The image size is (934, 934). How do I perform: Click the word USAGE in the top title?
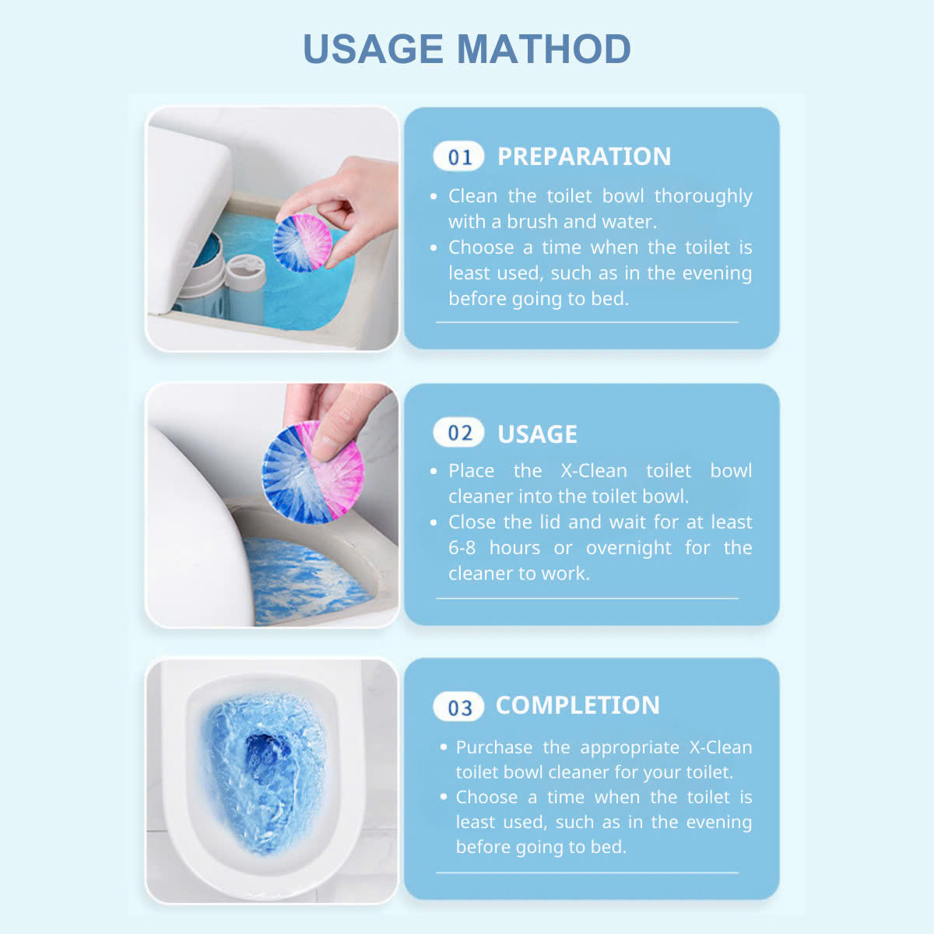pyautogui.click(x=373, y=49)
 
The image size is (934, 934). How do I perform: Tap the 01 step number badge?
pyautogui.click(x=459, y=157)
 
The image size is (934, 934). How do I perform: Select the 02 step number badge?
pyautogui.click(x=459, y=434)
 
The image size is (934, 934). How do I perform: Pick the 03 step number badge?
pyautogui.click(x=459, y=707)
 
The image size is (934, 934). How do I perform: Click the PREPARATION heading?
pyautogui.click(x=584, y=156)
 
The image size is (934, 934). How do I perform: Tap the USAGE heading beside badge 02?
pyautogui.click(x=537, y=434)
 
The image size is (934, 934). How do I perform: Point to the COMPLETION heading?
pyautogui.click(x=578, y=705)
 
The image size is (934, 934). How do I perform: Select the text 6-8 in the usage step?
pyautogui.click(x=462, y=548)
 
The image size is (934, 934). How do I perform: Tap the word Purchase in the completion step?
pyautogui.click(x=494, y=747)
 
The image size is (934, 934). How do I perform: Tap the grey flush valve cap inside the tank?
pyautogui.click(x=245, y=273)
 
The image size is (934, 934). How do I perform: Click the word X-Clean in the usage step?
pyautogui.click(x=593, y=471)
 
